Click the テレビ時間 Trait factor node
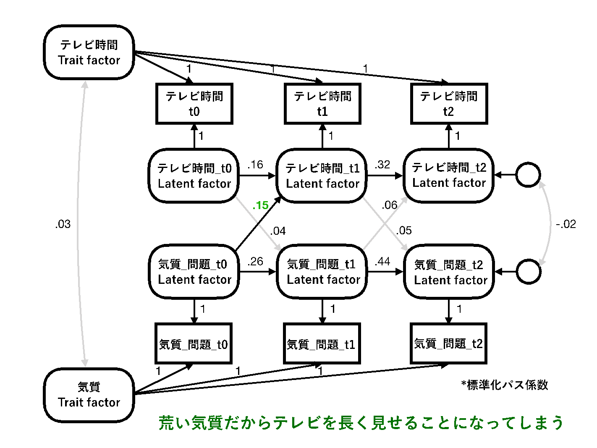coord(89,52)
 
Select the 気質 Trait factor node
coord(89,395)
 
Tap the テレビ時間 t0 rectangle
coord(194,104)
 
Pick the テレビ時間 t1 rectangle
coord(322,104)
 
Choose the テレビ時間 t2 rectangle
coord(448,104)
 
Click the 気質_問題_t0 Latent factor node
coord(194,272)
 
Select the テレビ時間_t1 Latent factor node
coord(322,176)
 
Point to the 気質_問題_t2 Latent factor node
coord(449,272)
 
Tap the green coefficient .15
coord(260,205)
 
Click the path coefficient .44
coord(382,262)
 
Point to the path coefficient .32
coord(382,165)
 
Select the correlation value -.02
coord(566,224)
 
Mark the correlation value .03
coord(63,224)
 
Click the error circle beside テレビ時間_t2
coord(528,175)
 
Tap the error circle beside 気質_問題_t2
coord(528,272)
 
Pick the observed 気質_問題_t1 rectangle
coord(322,344)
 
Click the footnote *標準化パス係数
coord(505,385)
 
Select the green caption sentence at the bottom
coord(361,423)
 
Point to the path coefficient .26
coord(255,262)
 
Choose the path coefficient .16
coord(255,165)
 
